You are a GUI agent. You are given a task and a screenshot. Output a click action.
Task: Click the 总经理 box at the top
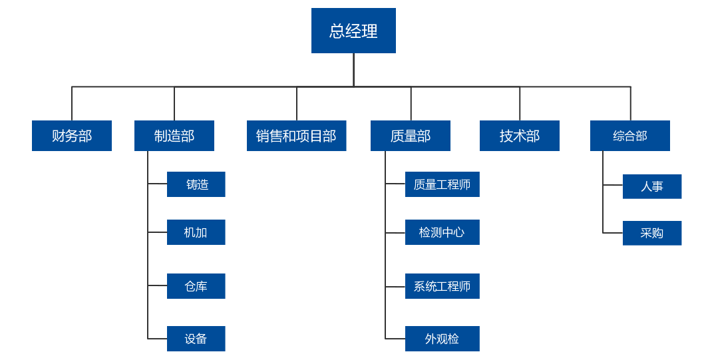(x=353, y=31)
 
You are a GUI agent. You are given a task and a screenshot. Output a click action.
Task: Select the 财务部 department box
(x=72, y=136)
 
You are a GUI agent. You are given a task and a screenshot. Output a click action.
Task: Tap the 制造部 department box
(x=174, y=136)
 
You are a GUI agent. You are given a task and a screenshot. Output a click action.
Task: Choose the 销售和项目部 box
(x=297, y=136)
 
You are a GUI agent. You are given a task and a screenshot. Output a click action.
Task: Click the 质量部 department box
(x=411, y=136)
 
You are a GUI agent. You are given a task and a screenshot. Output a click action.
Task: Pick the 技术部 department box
(x=520, y=136)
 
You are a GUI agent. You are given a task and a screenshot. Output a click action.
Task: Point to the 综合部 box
(x=630, y=136)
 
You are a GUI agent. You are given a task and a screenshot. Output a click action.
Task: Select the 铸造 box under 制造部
(x=196, y=184)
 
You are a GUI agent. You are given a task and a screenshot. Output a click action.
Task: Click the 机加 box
(x=196, y=232)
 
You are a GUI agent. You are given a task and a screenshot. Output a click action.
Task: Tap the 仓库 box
(x=196, y=286)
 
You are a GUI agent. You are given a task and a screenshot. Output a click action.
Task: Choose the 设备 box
(x=196, y=339)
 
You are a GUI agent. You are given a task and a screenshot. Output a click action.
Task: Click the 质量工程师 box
(x=442, y=184)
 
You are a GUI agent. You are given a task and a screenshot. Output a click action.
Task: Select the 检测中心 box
(x=442, y=232)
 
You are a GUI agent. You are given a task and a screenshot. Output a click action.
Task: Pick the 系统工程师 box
(x=442, y=286)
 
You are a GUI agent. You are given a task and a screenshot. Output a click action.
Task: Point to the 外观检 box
(x=442, y=339)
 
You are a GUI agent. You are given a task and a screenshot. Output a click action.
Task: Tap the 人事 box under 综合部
(x=652, y=186)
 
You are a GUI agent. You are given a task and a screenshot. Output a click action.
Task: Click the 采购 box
(x=652, y=233)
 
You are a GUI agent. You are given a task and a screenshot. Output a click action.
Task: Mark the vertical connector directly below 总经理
(x=353, y=70)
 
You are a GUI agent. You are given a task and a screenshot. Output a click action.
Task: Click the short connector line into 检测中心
(x=395, y=233)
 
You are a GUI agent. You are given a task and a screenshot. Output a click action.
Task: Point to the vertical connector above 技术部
(x=520, y=104)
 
